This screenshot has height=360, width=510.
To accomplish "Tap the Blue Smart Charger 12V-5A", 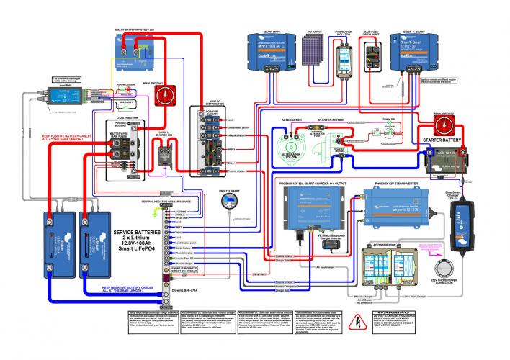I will (460, 220).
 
